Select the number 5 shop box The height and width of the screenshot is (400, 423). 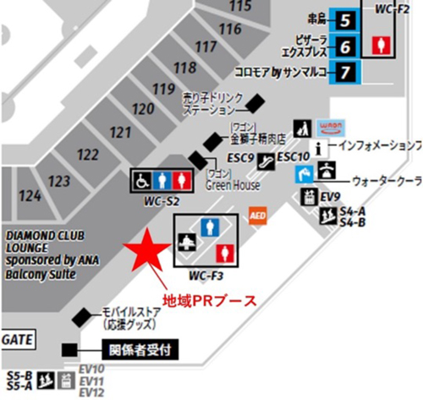click(345, 19)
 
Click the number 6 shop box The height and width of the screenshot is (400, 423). click(345, 45)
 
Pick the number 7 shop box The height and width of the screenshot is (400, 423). click(345, 71)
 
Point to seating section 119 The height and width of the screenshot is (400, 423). click(162, 89)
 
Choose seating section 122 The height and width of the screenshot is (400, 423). click(87, 154)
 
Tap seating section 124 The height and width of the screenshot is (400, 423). click(30, 195)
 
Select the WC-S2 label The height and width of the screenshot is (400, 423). click(161, 200)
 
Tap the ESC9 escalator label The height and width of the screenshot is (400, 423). click(239, 158)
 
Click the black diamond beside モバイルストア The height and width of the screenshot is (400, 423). click(83, 317)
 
